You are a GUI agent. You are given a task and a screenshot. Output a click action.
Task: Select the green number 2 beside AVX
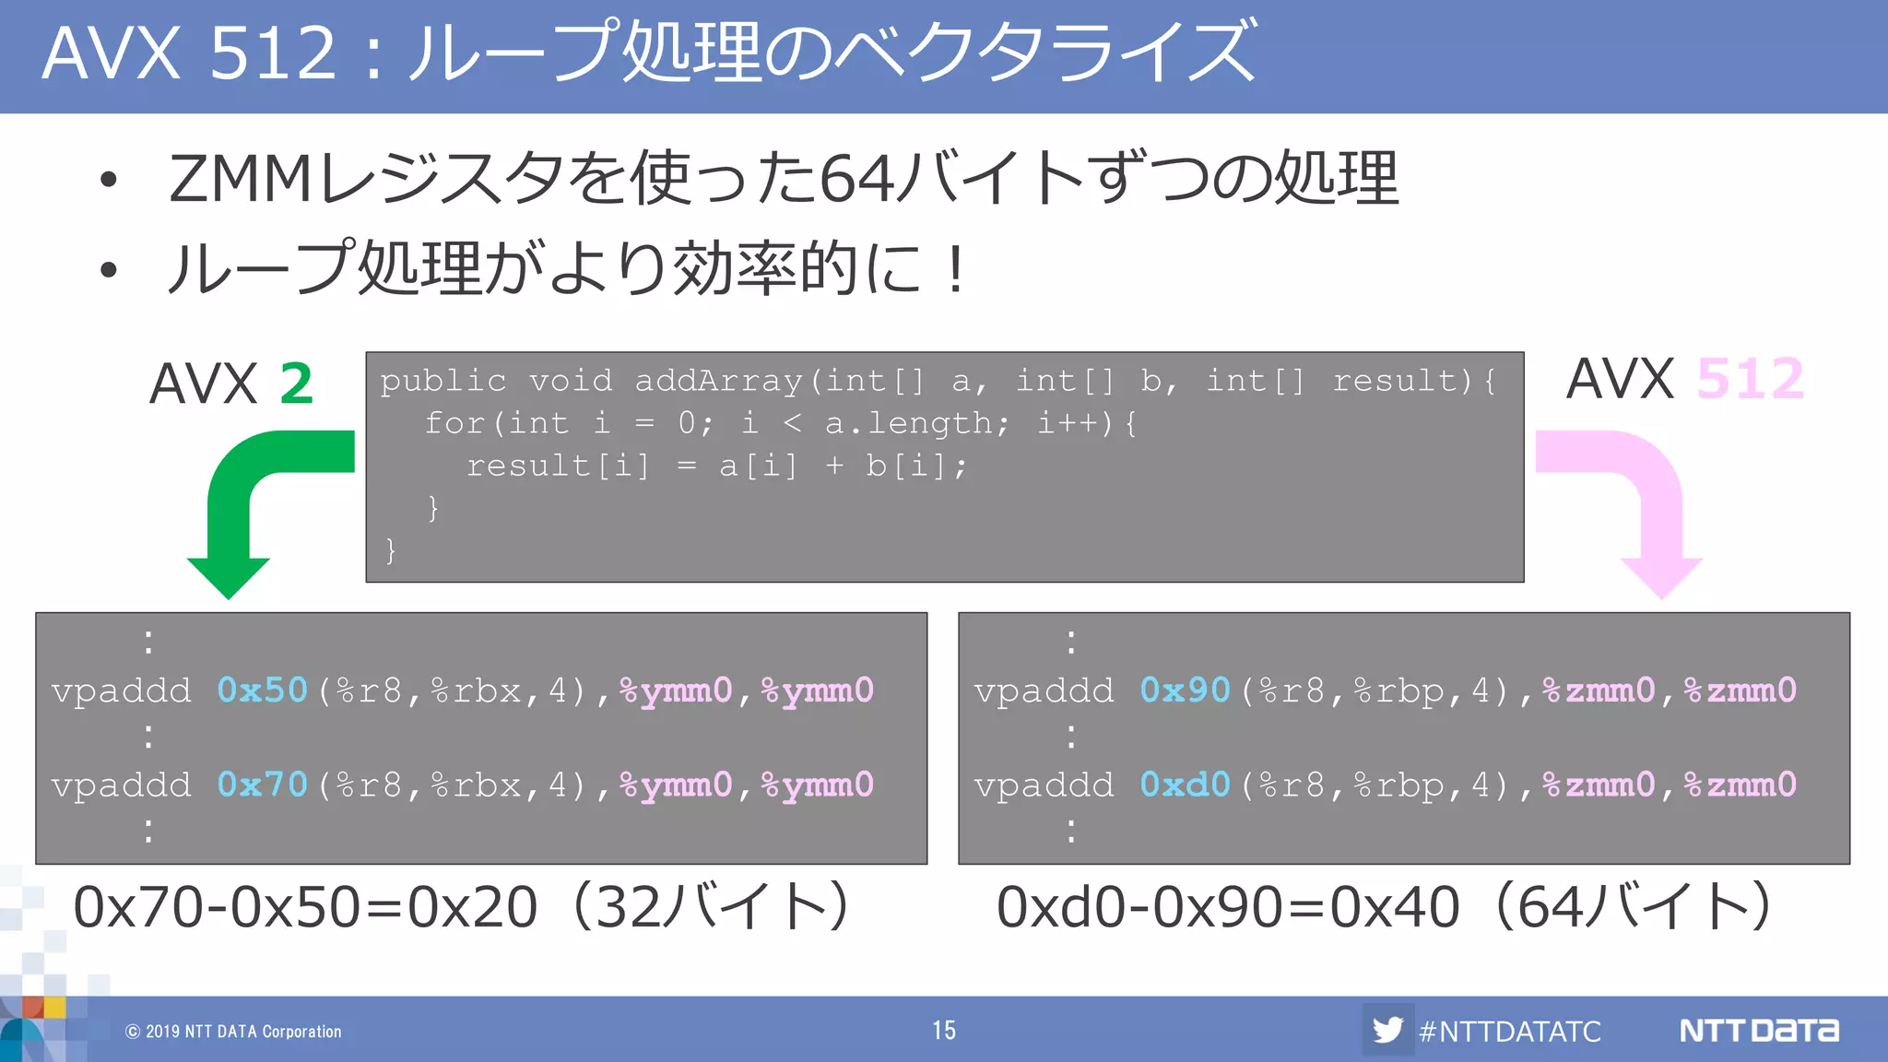pos(296,383)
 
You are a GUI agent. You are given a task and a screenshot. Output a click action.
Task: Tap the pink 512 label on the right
pos(1750,379)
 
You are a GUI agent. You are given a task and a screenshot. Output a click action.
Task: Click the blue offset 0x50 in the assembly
pos(262,690)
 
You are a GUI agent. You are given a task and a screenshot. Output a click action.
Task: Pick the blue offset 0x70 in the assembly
pos(262,785)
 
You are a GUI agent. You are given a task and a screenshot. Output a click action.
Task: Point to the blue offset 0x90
pos(1185,690)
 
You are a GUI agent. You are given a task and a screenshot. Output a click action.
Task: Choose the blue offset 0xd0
pos(1185,785)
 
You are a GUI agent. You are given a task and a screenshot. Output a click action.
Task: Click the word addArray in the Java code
pos(718,381)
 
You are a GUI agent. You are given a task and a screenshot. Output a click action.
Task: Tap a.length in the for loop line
pos(909,423)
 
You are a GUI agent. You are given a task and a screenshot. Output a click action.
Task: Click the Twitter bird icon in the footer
pos(1386,1029)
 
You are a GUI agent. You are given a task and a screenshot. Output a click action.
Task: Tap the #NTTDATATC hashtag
pos(1510,1031)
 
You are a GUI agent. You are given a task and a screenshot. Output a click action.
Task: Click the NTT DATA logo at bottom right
pos(1758,1030)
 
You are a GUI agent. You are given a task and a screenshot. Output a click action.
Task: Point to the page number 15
pos(944,1030)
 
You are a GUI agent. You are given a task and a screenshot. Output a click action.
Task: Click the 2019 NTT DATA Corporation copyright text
pos(234,1032)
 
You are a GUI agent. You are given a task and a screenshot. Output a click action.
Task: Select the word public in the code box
pos(443,381)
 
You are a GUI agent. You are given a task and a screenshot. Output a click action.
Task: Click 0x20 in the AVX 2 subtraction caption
pos(473,907)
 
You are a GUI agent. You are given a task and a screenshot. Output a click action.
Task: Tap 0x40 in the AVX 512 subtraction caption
pos(1395,907)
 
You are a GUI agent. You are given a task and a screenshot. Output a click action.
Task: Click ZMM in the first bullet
pos(242,178)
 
